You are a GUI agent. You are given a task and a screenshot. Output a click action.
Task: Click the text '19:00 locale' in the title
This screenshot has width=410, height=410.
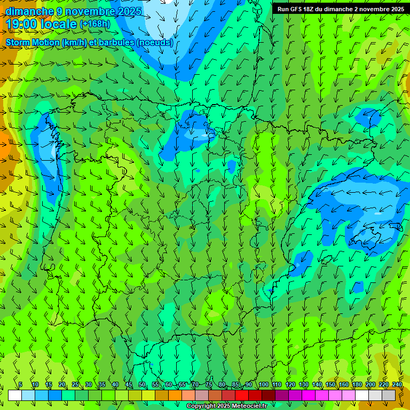point(41,24)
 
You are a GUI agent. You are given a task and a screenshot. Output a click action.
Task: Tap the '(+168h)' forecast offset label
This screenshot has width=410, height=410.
point(94,24)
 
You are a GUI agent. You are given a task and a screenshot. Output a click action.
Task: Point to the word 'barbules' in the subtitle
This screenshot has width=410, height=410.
point(118,42)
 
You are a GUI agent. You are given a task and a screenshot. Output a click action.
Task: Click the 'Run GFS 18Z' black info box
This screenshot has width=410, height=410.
point(341,9)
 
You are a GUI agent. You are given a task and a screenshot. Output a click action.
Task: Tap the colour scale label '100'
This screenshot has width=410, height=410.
point(263,384)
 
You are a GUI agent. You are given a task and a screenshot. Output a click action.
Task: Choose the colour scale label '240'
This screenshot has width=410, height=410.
point(397,384)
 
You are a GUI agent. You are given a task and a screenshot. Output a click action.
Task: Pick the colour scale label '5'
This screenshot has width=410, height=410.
point(20,384)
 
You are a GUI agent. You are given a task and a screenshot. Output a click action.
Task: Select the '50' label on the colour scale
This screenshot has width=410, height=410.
point(142,384)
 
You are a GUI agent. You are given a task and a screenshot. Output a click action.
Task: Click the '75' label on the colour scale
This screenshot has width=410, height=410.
point(209,384)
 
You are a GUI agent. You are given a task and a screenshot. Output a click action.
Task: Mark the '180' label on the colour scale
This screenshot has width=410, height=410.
point(357,384)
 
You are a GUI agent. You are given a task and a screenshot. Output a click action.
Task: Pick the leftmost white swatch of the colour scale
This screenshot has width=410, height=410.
point(15,395)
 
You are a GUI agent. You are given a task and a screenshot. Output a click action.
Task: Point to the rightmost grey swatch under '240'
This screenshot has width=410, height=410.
point(389,395)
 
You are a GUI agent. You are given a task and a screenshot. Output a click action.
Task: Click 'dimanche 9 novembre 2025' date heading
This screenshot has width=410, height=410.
point(73,11)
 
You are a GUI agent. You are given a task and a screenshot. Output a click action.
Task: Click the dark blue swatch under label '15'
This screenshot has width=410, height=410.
point(55,395)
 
